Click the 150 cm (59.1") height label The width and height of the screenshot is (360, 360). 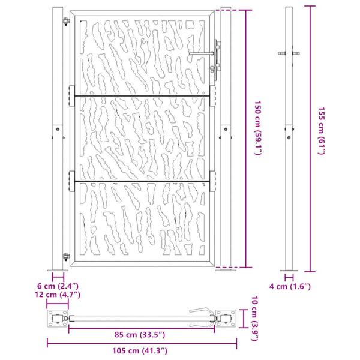[x=257, y=128]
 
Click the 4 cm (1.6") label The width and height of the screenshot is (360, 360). [x=298, y=286]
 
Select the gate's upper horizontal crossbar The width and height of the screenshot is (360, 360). [x=142, y=95]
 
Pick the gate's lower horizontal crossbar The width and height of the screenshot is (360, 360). [x=142, y=180]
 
